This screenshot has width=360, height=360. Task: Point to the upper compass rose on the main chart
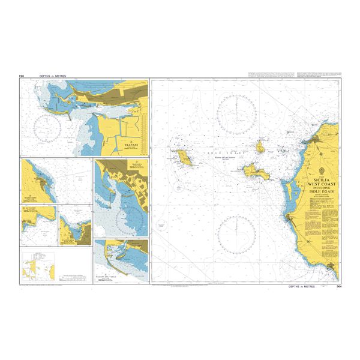236,113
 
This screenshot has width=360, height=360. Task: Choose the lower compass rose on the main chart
236,233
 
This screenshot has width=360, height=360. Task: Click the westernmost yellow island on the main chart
184,158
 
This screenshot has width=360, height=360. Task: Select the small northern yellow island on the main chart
262,146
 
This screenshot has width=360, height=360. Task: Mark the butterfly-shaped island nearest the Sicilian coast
256,171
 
